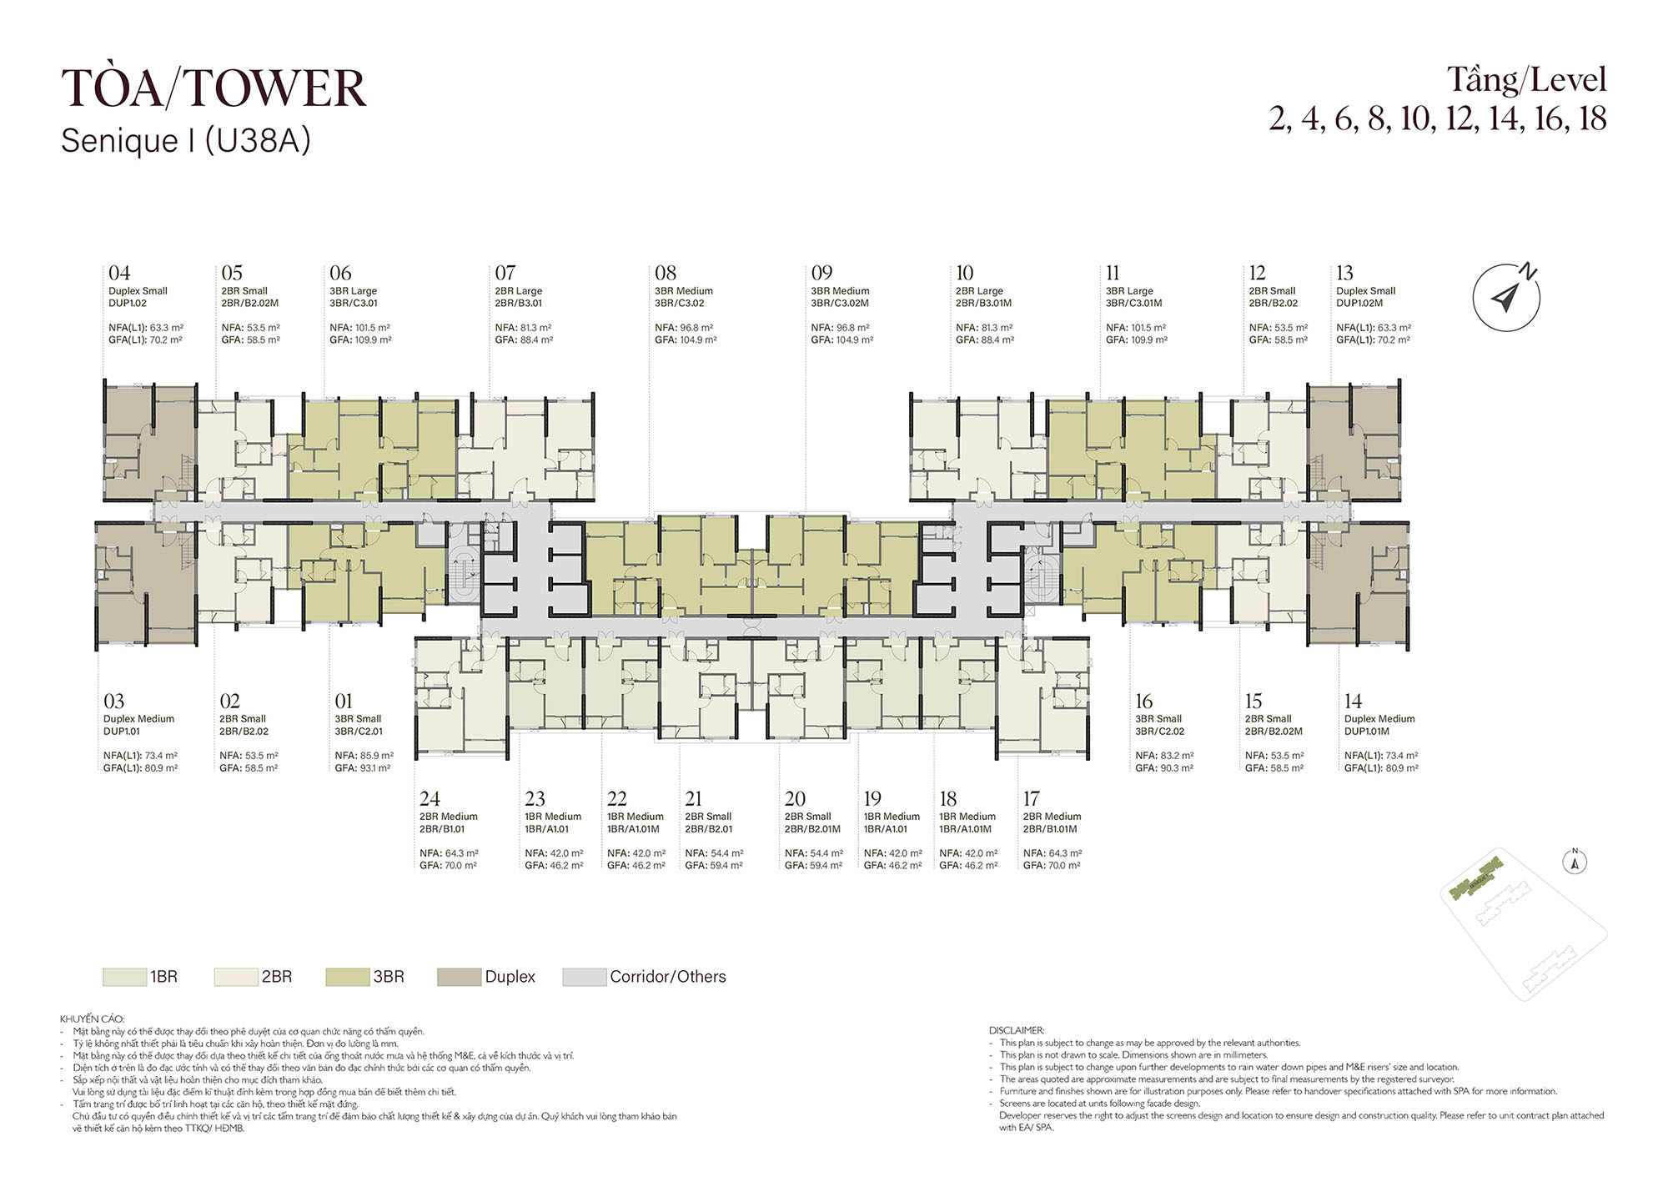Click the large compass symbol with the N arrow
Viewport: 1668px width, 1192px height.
point(1506,297)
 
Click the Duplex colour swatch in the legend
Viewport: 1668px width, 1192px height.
point(459,977)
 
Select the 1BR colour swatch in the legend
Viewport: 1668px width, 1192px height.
point(124,977)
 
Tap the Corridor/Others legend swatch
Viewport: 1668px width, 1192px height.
point(584,977)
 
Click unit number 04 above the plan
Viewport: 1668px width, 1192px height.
point(119,273)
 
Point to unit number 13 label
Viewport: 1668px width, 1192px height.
point(1344,273)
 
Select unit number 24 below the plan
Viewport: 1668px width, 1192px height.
point(430,798)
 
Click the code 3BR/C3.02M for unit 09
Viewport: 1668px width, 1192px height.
point(840,304)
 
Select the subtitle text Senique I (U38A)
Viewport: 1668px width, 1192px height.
point(186,141)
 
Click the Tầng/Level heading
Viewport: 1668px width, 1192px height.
point(1526,81)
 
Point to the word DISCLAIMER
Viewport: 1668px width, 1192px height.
point(1017,1030)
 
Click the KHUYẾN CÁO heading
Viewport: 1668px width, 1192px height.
point(92,1018)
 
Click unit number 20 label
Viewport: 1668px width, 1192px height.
point(795,798)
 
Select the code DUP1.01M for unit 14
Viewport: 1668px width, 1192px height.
point(1367,732)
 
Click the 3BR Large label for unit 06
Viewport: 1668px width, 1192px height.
point(353,291)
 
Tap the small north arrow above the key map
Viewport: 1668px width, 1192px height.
point(1575,862)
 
